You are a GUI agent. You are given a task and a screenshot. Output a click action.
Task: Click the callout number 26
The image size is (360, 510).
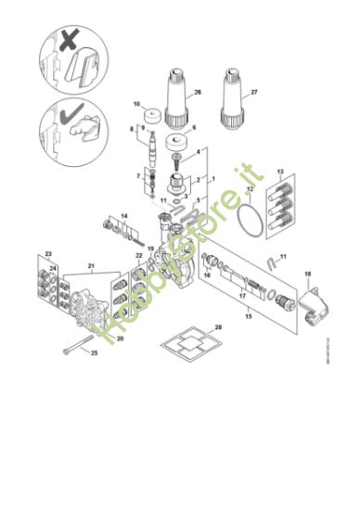coord(197,93)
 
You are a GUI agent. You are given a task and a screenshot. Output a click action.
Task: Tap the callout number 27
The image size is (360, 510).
coord(256,92)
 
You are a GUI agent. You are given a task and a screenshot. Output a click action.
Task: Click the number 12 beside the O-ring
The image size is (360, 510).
coord(248,190)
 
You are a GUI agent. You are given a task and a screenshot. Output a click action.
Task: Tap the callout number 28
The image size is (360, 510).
coord(218,326)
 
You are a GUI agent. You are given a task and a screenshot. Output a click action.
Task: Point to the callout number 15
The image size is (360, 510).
coord(248,316)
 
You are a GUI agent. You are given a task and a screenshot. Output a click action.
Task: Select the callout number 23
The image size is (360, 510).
coord(49,254)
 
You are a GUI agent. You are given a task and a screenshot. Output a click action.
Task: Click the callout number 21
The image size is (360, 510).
coord(92,266)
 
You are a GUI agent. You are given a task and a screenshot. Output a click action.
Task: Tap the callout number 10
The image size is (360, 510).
coord(135,104)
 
